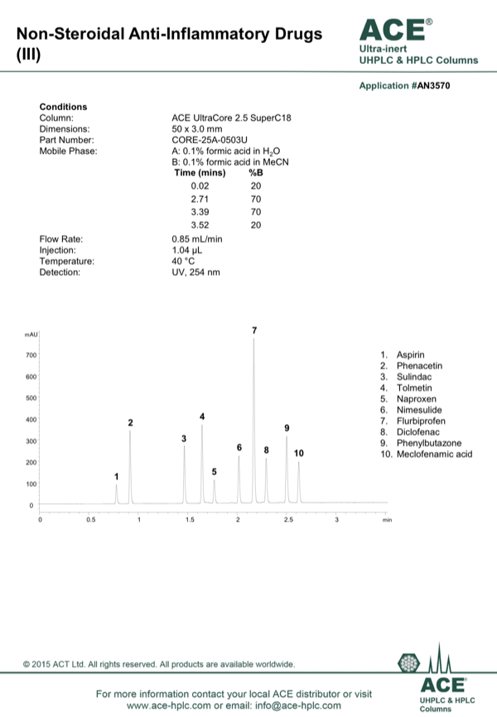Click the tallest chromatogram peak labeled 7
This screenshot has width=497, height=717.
[x=253, y=348]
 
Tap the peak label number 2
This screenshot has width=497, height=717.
[x=130, y=423]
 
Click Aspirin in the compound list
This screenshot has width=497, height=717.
[x=398, y=354]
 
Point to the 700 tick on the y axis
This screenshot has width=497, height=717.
[x=30, y=355]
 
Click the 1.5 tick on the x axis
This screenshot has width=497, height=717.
[x=190, y=520]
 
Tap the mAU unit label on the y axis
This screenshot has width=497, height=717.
[x=31, y=334]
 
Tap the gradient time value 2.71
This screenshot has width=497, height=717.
[x=199, y=200]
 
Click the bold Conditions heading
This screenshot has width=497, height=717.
[x=63, y=107]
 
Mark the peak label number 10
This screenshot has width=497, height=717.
[x=298, y=453]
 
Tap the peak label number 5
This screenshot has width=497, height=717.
[x=215, y=472]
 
